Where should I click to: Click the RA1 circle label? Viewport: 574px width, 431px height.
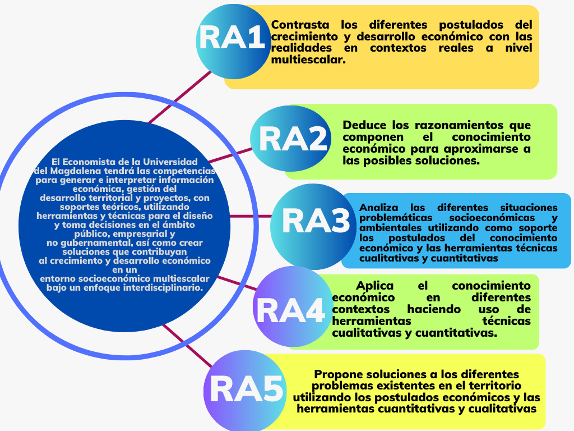[x=232, y=38]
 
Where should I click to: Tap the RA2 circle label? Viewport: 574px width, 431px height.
[x=293, y=139]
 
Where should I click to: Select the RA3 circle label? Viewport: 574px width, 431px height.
[x=316, y=221]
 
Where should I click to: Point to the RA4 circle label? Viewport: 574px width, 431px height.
[x=291, y=310]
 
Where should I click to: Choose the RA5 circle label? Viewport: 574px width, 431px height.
[x=247, y=389]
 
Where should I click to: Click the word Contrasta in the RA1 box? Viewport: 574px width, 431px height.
[x=300, y=25]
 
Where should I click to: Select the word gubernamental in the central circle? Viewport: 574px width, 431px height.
[x=96, y=242]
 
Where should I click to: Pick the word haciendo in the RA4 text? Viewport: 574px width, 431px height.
[x=434, y=309]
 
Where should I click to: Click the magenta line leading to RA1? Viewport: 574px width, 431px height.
[x=180, y=97]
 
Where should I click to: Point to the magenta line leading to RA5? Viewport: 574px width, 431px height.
[x=187, y=346]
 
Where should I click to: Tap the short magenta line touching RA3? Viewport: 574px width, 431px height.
[x=251, y=216]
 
